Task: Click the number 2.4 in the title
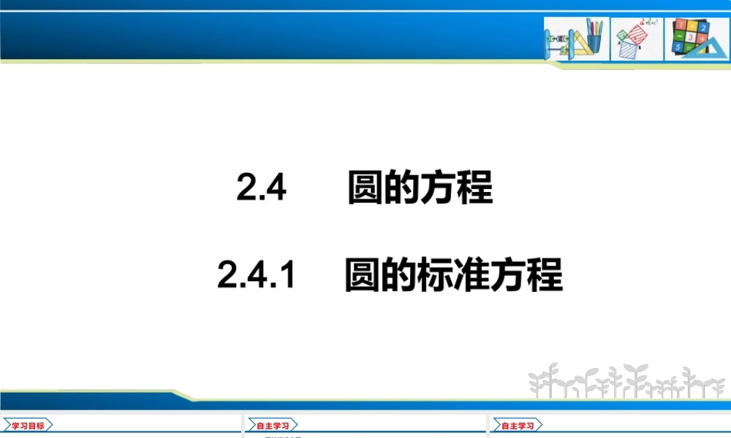click(x=260, y=189)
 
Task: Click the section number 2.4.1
click(x=255, y=277)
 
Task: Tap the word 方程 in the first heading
click(x=457, y=189)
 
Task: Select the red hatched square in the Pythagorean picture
click(x=637, y=36)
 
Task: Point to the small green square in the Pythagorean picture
click(x=622, y=34)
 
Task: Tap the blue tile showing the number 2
click(x=702, y=27)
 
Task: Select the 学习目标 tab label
click(x=28, y=426)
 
